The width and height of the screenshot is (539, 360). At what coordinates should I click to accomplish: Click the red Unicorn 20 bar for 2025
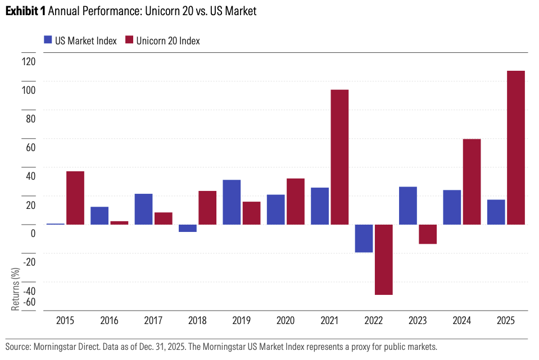tap(515, 148)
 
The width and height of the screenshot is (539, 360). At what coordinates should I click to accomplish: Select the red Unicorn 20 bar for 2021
tap(339, 157)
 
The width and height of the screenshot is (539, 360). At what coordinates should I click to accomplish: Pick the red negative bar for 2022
tap(383, 259)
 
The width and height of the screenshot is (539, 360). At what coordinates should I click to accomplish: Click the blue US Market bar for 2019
tap(232, 202)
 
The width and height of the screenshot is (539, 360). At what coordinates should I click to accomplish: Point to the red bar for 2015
tap(75, 198)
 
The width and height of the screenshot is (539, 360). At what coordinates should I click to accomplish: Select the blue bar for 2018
tap(188, 228)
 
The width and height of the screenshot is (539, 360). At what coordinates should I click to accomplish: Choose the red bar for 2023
tap(427, 234)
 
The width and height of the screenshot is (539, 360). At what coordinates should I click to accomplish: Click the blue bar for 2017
tap(143, 209)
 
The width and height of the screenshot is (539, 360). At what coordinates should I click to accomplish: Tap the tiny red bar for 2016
tap(119, 222)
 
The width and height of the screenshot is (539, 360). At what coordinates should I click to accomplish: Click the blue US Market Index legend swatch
tap(48, 40)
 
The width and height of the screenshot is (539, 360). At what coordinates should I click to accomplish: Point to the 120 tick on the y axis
tap(28, 62)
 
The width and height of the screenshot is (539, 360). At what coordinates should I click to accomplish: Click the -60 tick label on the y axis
tap(28, 302)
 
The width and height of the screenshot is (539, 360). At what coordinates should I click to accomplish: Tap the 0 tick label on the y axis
tap(33, 233)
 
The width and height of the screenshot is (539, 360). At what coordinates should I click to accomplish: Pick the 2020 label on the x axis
tap(285, 321)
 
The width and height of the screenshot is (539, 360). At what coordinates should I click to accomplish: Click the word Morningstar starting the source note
tap(52, 347)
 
